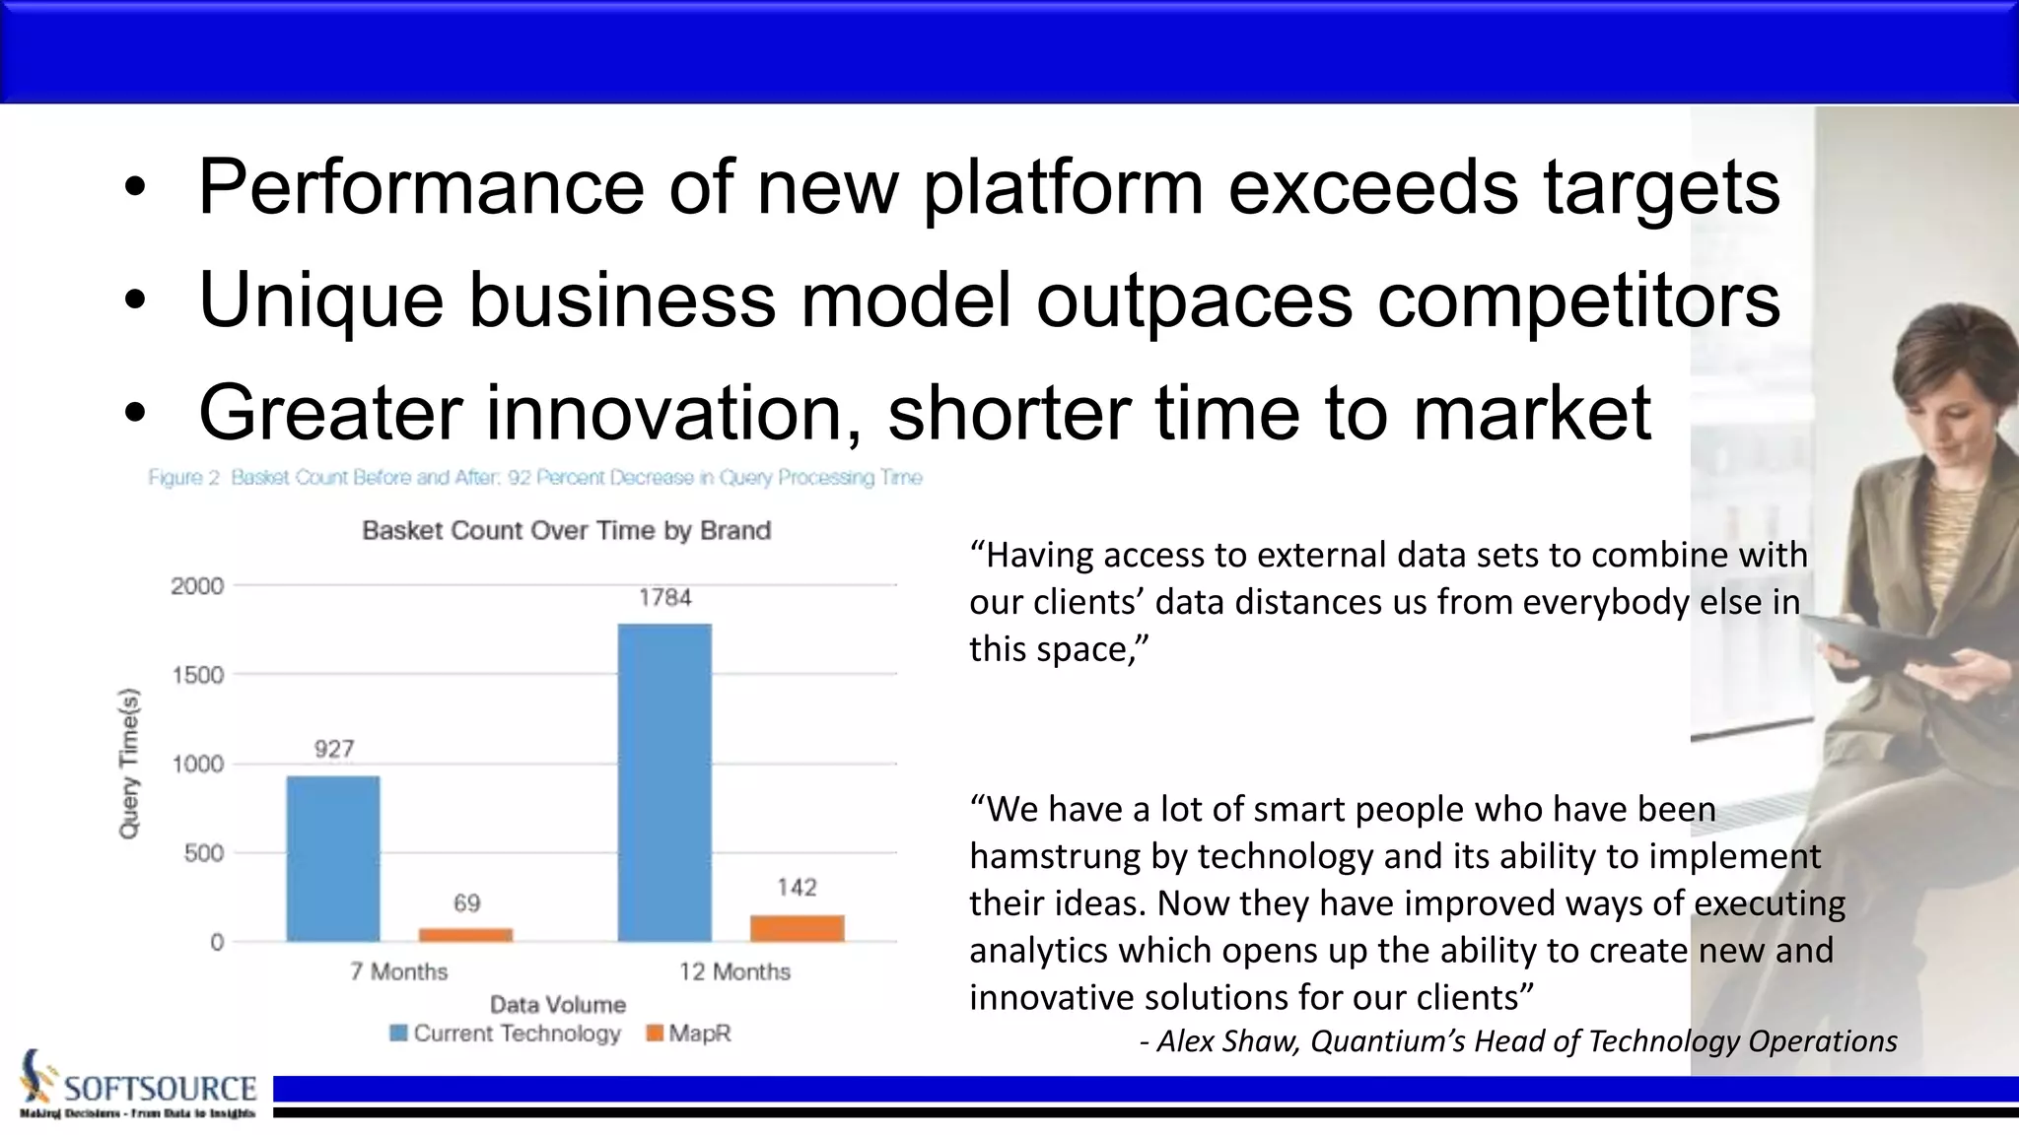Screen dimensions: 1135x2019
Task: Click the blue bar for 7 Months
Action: [x=333, y=858]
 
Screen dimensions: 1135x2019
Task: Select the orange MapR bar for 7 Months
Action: [x=465, y=934]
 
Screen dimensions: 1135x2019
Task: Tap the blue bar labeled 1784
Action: [x=664, y=782]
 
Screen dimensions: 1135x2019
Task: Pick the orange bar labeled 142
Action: [x=797, y=928]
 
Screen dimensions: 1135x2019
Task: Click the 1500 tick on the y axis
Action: [x=198, y=675]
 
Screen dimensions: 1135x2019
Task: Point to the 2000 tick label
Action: [x=197, y=586]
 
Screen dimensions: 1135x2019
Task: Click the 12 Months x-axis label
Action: [x=734, y=972]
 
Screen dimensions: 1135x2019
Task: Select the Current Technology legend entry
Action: [x=506, y=1034]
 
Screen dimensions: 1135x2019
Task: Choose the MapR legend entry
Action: [x=689, y=1034]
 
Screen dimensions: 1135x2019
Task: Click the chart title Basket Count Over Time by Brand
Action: [x=566, y=531]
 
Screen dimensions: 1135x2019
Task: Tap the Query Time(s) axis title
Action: [x=129, y=764]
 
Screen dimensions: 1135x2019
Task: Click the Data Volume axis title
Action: [x=558, y=1005]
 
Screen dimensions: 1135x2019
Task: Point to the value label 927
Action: [x=334, y=749]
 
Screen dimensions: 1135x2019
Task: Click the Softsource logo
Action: [x=138, y=1086]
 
